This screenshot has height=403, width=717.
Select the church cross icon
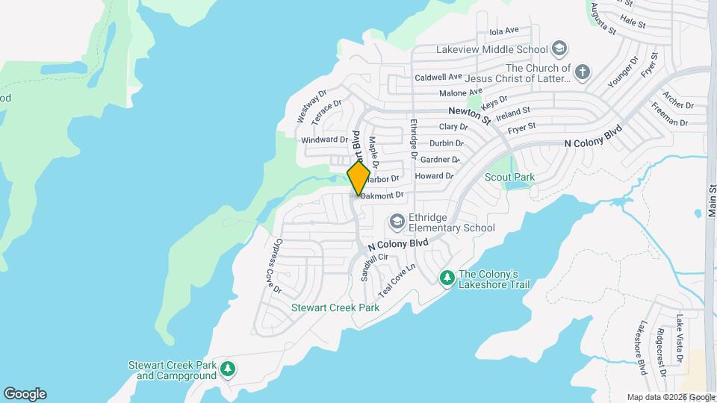(583, 72)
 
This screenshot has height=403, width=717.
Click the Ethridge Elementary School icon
(397, 222)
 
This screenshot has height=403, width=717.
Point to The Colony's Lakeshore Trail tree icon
(447, 278)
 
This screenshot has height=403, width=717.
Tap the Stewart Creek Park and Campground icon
(228, 368)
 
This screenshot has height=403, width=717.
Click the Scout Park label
(510, 177)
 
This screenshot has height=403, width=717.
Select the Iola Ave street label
(503, 31)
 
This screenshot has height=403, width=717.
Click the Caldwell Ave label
(438, 77)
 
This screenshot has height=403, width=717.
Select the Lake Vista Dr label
(680, 339)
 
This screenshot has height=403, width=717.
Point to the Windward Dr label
(325, 140)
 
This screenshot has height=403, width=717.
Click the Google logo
(25, 394)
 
